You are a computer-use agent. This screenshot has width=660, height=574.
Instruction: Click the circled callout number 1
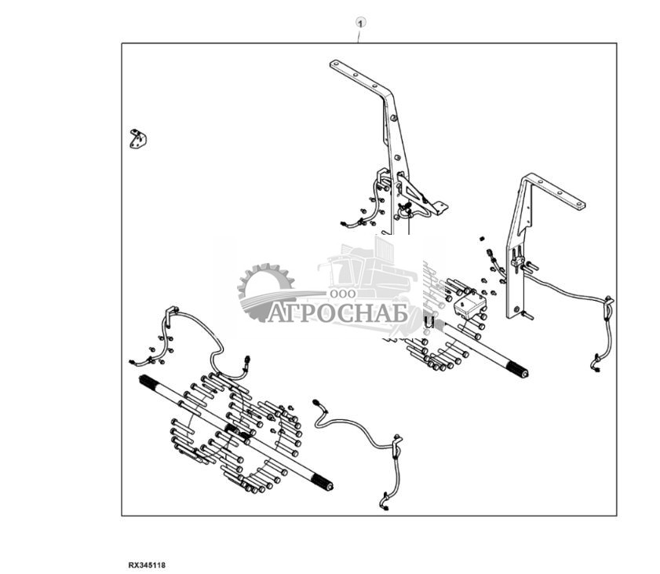click(x=360, y=22)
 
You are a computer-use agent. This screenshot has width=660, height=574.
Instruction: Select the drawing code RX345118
click(x=147, y=565)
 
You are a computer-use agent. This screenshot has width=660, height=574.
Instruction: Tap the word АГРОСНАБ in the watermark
click(x=338, y=313)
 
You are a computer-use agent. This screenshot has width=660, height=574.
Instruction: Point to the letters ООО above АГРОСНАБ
click(x=342, y=294)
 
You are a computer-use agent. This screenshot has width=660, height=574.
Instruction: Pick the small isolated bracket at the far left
click(x=138, y=139)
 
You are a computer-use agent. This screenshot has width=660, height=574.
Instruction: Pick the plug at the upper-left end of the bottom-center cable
click(x=317, y=404)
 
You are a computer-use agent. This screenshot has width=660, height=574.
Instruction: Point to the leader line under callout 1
click(x=359, y=35)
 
